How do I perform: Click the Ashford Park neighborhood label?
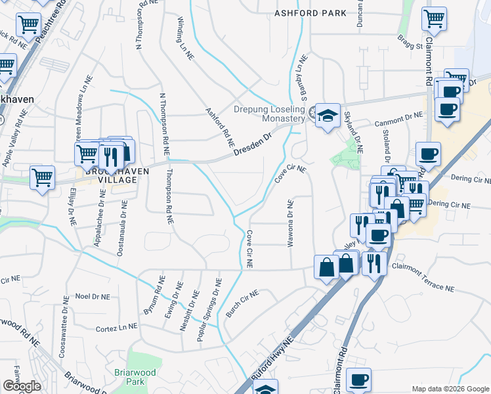coord(310,13)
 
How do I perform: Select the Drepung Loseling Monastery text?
coord(270,114)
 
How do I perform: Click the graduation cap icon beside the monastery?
coord(327,116)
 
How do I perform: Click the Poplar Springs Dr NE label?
coord(210,309)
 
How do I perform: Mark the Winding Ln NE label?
coord(186,39)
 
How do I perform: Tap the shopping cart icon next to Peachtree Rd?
coord(28,26)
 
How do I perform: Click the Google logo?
coord(21,385)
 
